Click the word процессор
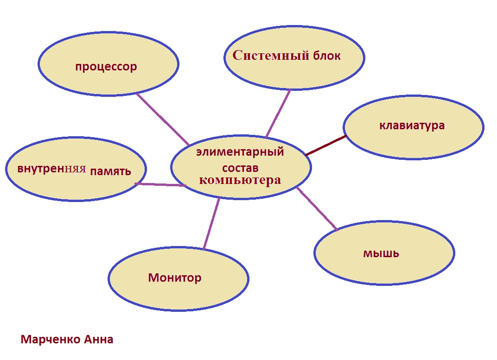106,67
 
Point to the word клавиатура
412,125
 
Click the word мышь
381,253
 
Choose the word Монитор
175,278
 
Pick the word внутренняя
52,169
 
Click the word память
111,171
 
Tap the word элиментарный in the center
240,152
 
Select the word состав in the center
240,167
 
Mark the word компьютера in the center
240,180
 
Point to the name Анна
98,340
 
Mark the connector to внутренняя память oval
160,184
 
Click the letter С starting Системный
237,56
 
